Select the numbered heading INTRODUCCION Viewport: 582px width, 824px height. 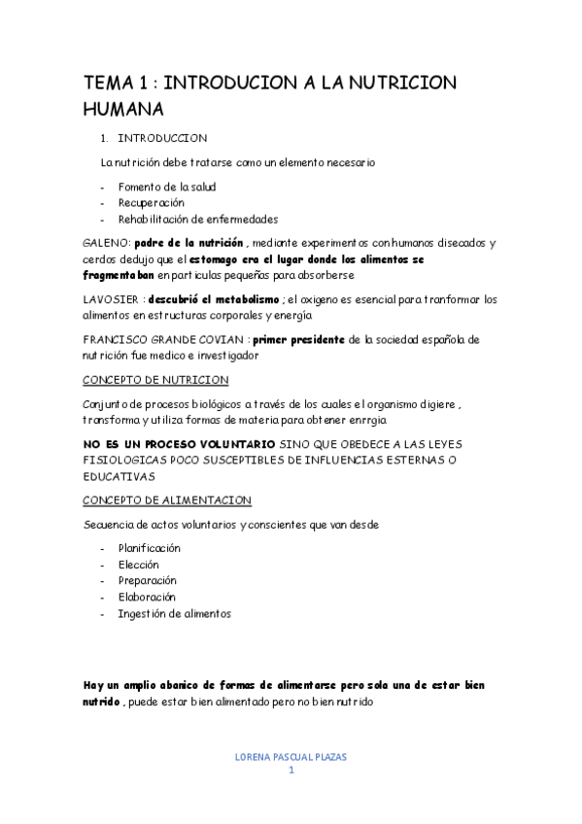162,138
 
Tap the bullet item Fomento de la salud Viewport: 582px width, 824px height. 166,187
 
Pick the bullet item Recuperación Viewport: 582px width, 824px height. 151,203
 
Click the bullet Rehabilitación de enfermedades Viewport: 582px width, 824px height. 198,219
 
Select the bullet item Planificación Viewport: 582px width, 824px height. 149,548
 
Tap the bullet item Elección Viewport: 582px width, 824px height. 138,565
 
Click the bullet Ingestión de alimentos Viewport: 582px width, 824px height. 174,613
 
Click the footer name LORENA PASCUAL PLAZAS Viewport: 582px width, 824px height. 291,756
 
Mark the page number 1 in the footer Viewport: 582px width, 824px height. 291,771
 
